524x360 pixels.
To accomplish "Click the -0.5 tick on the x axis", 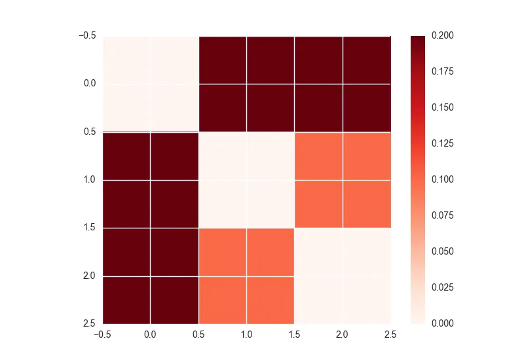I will point(102,334).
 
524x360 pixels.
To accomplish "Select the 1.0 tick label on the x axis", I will point(247,334).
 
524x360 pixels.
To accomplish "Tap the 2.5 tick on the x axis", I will point(391,334).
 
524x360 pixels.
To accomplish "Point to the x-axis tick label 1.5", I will point(295,334).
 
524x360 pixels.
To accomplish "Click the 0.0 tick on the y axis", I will point(89,84).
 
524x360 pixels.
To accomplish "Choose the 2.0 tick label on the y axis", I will point(89,276).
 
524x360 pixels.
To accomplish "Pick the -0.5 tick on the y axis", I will point(87,35).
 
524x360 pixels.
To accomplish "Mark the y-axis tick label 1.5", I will point(89,228).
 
